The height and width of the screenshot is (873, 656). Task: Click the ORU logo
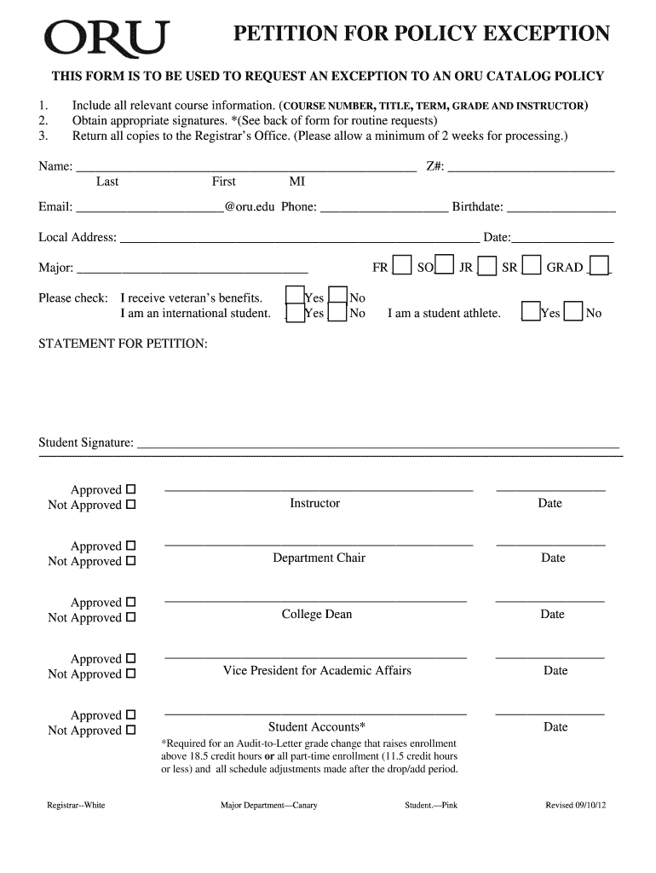pos(106,38)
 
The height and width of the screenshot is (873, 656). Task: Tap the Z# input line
pos(531,167)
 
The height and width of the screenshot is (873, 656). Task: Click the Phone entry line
pos(383,207)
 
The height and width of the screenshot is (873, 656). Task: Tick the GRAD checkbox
pos(600,267)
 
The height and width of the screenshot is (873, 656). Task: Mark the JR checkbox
pos(487,267)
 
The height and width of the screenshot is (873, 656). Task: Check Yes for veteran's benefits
pos(295,297)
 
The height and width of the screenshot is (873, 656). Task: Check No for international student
pos(338,313)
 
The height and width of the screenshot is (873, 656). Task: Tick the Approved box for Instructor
pos(130,490)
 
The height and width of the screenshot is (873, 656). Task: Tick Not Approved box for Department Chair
pos(130,562)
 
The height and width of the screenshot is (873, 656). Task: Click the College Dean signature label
pos(317,614)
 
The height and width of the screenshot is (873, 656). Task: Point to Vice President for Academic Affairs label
pos(317,670)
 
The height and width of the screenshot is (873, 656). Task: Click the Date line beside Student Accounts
pos(550,713)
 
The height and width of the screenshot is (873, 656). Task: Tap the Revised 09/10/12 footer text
pos(575,805)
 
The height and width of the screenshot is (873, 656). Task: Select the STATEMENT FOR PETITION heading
pos(123,343)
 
